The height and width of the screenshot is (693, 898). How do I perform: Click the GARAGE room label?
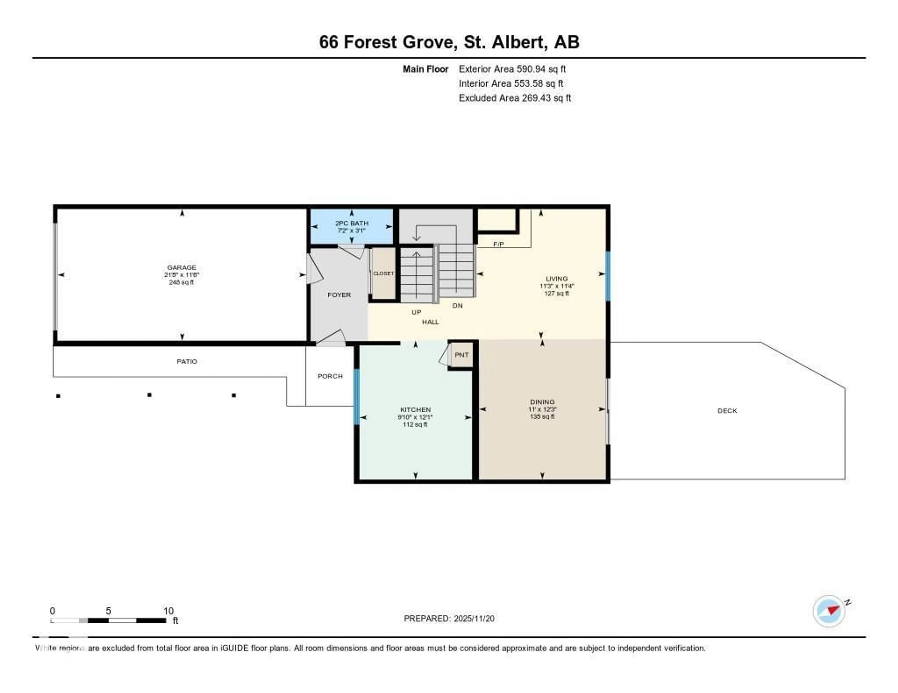[181, 268]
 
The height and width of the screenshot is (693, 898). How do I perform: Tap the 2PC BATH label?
[351, 223]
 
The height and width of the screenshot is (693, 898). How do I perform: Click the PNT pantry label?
[461, 355]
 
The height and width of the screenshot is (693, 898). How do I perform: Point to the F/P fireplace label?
[498, 244]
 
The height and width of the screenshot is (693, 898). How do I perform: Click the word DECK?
[727, 410]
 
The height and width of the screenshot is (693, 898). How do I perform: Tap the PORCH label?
[330, 376]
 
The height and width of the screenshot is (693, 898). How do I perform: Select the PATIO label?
[187, 361]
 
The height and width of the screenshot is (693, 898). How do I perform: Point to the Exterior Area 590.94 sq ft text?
[512, 69]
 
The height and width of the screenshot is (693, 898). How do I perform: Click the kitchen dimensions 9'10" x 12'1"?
[415, 417]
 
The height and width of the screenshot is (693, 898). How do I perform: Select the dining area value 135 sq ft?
[542, 417]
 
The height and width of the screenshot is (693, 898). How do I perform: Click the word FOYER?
[339, 295]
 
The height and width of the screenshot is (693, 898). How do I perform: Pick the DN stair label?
[457, 306]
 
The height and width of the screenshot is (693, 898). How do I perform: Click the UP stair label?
[416, 312]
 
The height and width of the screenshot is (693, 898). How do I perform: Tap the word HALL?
[430, 322]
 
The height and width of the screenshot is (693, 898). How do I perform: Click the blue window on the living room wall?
[608, 276]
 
